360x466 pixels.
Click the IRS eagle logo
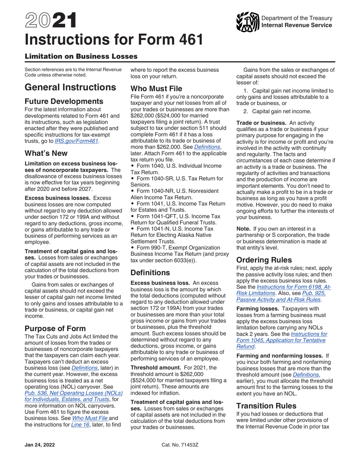click(247, 22)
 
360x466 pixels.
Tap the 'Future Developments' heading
click(64, 102)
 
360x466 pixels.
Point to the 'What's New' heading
click(46, 153)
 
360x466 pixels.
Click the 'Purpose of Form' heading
click(55, 328)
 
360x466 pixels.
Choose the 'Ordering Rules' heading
click(264, 260)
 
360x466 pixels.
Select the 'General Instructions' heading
click(70, 88)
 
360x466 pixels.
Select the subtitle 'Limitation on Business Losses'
click(81, 56)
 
